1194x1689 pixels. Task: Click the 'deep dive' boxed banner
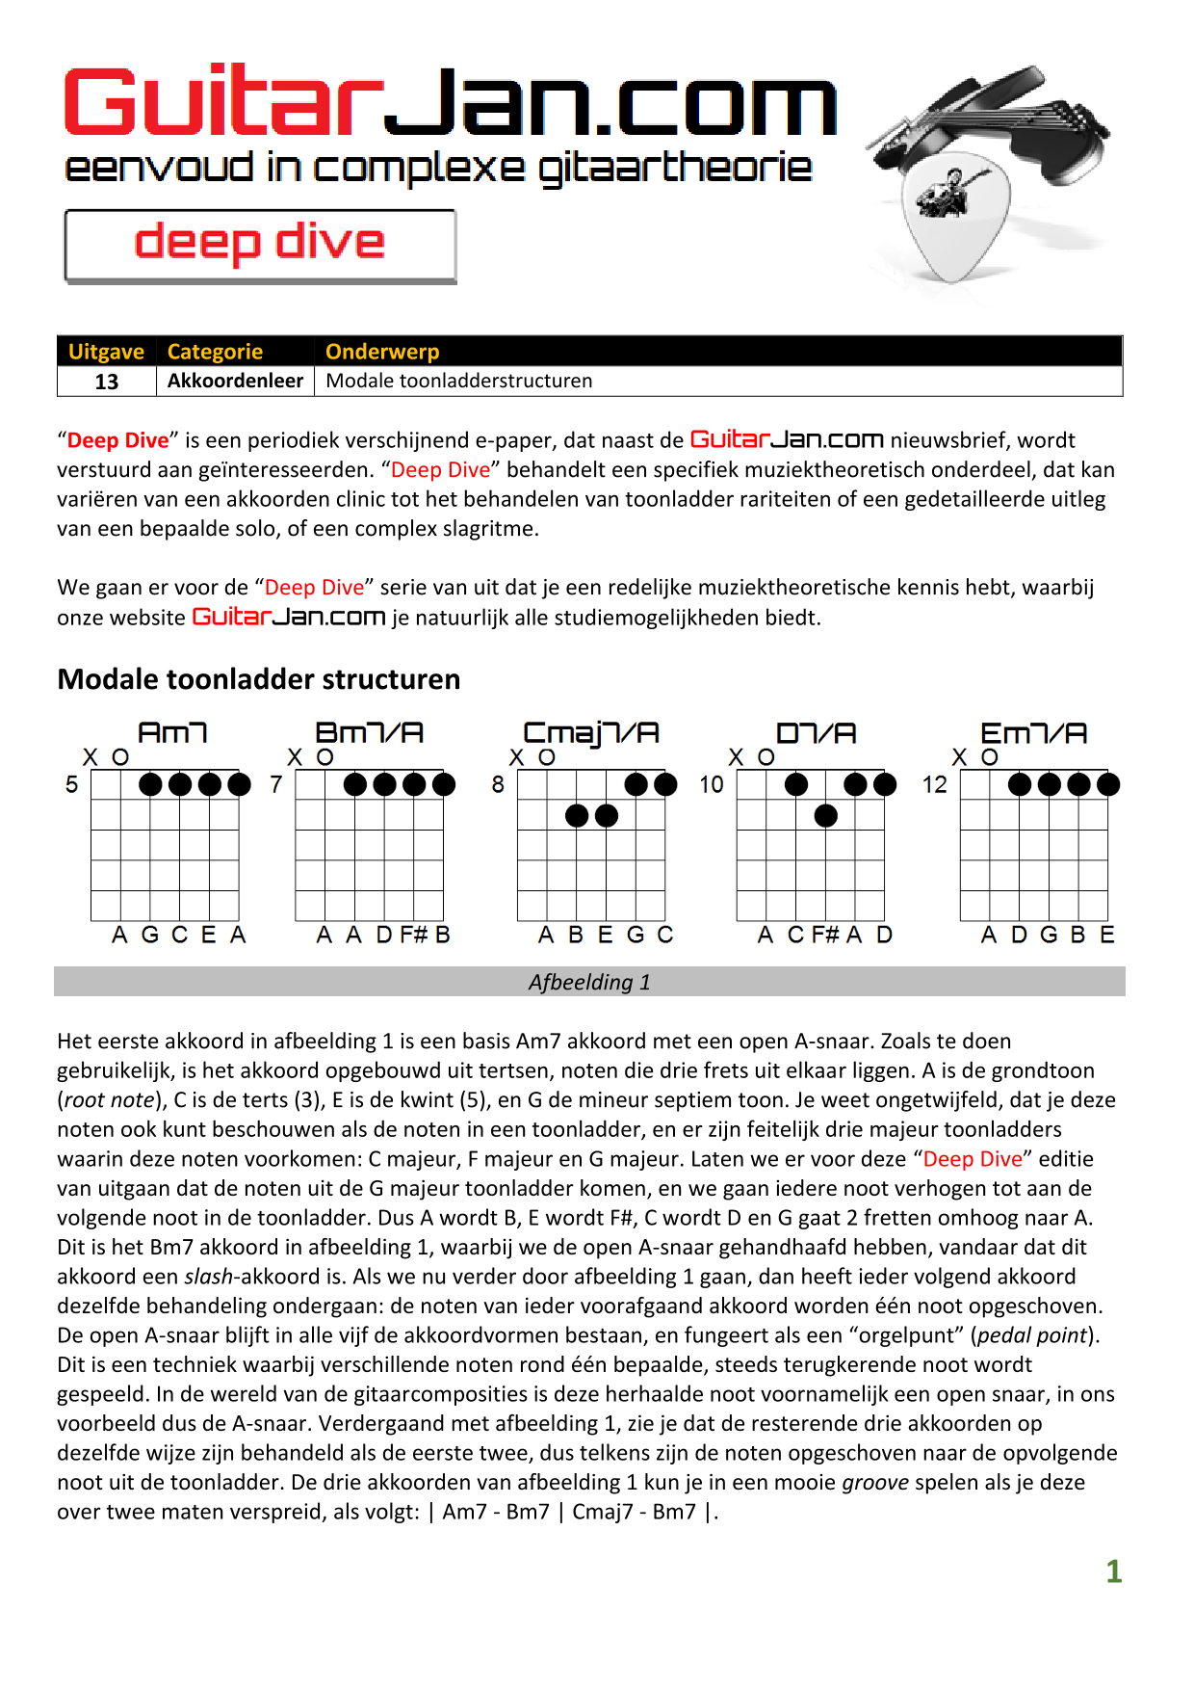tap(260, 245)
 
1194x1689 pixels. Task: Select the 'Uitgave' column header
tap(106, 352)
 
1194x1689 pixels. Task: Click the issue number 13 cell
tap(106, 382)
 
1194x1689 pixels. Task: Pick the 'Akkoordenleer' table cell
tap(235, 381)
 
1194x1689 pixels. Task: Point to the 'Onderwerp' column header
tap(382, 352)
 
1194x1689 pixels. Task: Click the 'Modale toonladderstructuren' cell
tap(458, 381)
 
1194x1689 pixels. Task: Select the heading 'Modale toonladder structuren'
tap(258, 679)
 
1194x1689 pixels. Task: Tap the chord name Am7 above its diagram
tap(172, 733)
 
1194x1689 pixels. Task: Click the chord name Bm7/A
tap(369, 733)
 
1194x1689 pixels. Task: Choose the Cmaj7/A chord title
tap(590, 733)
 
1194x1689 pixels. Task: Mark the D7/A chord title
tap(816, 733)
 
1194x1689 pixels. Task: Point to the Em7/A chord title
tap(1033, 733)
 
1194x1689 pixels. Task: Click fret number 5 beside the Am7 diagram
tap(71, 784)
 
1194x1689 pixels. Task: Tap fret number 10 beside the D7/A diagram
tap(711, 784)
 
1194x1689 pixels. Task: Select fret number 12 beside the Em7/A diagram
tap(934, 784)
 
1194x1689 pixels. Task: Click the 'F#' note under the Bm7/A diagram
tap(414, 935)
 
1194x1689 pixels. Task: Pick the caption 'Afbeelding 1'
tap(589, 982)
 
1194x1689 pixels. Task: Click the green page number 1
tap(1113, 1571)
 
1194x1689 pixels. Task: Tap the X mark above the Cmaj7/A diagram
tap(517, 757)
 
